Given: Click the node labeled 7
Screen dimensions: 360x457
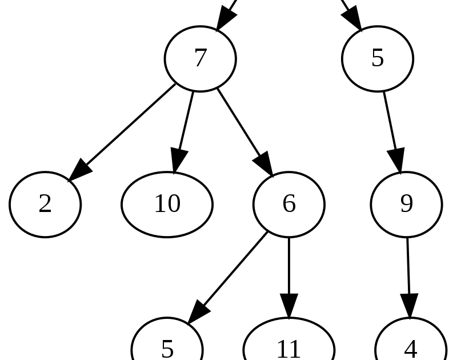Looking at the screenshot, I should (200, 58).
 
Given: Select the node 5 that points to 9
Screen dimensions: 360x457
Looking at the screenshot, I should (377, 58).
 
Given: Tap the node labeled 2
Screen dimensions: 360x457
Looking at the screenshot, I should (45, 204).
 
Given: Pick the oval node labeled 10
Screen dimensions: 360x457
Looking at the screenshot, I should (167, 204).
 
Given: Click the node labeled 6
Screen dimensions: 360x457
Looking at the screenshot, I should (288, 204).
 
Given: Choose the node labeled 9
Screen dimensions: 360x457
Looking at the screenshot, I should (406, 204).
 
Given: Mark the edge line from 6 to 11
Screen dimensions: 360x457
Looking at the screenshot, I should (288, 266).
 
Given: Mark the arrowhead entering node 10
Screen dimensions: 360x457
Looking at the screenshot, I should (177, 162).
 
